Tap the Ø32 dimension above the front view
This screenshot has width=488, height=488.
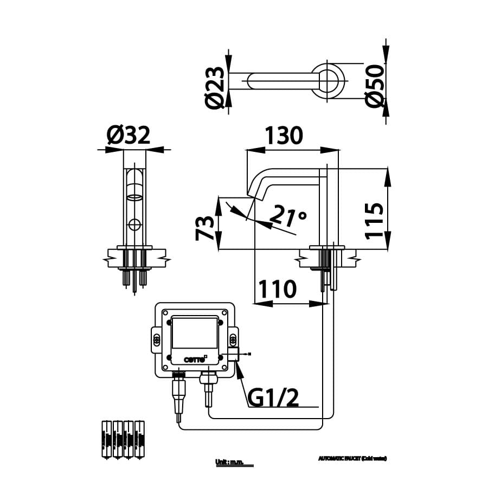tap(129, 136)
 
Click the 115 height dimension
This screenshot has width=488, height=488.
tap(375, 221)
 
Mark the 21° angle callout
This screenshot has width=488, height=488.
tap(287, 216)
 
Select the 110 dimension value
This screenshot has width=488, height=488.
tap(277, 290)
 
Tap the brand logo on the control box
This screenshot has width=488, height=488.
tap(194, 358)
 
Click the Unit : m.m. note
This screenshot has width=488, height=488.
tap(229, 462)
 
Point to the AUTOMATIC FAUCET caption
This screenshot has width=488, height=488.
tap(352, 458)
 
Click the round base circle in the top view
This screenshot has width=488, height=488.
tap(327, 81)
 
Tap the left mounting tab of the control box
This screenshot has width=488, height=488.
tap(154, 340)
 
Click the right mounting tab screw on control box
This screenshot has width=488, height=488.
tap(234, 340)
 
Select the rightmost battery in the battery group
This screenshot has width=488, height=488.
tap(139, 439)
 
